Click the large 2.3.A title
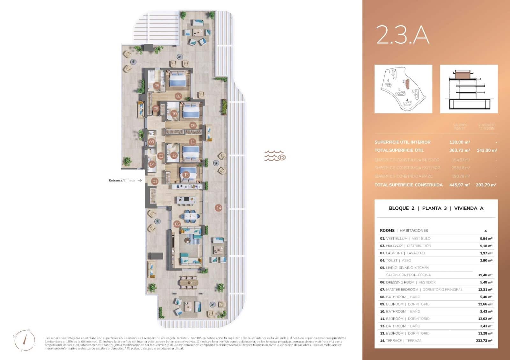point(403,35)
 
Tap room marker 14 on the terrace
point(219,208)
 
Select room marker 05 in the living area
point(177,224)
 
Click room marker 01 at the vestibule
point(155,181)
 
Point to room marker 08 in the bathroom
point(157,85)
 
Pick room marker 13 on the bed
point(186,175)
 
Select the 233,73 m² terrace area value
point(484,341)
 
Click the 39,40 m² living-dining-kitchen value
point(485,275)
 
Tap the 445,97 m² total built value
point(459,185)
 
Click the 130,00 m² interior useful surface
point(459,142)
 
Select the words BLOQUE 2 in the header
point(401,208)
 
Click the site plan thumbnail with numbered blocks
point(403,89)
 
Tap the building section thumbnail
point(469,89)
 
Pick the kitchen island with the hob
point(186,200)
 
